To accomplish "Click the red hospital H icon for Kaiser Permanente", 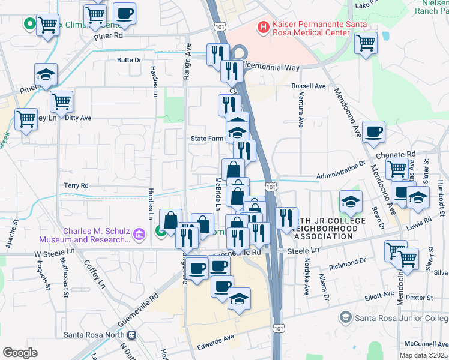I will (262, 27).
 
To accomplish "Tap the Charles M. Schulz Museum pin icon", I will (139, 233).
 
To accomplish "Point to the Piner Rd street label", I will (109, 36).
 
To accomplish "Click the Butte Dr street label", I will (129, 60).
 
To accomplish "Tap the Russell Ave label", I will (309, 86).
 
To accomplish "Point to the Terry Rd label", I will (76, 185).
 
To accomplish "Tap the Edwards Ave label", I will (215, 341).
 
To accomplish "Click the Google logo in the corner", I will (20, 352).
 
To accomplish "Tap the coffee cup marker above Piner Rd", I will (125, 13).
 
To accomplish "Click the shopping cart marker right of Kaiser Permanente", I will (366, 43).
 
